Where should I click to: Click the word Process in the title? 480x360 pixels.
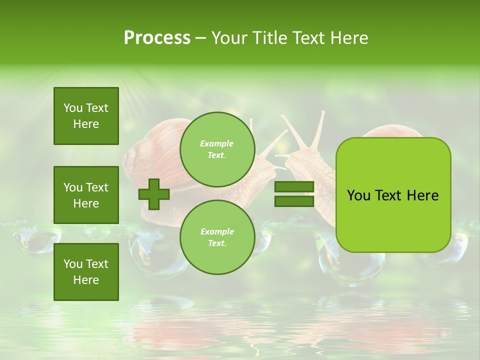[x=157, y=38]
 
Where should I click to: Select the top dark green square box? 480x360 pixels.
[x=86, y=116]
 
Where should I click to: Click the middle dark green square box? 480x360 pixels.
[x=86, y=195]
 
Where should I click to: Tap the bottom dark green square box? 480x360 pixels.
[x=86, y=271]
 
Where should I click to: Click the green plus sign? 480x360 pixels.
[x=154, y=194]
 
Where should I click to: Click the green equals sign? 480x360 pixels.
[x=294, y=194]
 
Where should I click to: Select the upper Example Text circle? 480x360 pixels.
[x=217, y=149]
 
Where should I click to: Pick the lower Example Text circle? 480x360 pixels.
[x=217, y=237]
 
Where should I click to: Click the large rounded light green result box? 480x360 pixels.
[x=393, y=195]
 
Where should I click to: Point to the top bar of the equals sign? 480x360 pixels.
[x=294, y=187]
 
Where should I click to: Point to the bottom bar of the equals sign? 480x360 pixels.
[x=294, y=201]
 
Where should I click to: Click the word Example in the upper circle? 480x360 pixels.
[x=217, y=144]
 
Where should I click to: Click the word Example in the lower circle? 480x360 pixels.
[x=217, y=232]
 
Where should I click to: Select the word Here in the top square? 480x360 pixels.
[x=86, y=124]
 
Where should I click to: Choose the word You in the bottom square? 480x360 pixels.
[x=73, y=264]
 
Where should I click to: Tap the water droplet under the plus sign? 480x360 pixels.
[x=150, y=250]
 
